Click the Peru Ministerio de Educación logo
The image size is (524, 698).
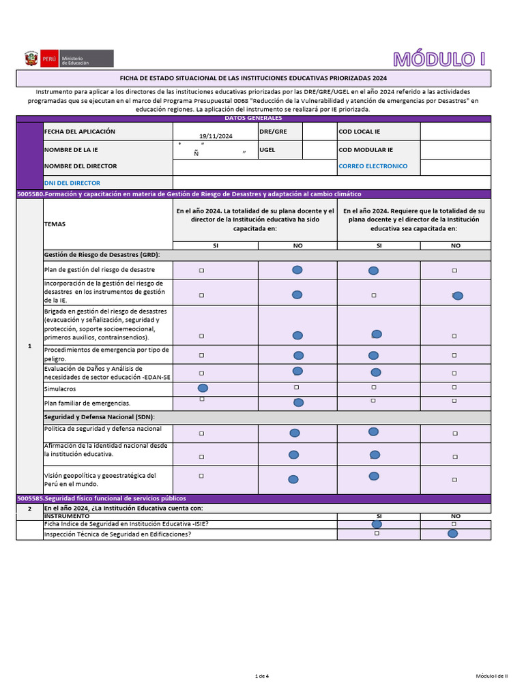point(68,59)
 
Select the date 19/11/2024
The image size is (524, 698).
point(216,136)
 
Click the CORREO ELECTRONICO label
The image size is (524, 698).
point(373,166)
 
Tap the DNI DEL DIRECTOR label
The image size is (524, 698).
point(72,183)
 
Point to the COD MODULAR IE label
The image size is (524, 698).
point(366,149)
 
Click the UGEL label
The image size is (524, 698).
point(267,149)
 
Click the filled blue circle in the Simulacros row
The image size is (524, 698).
point(203,387)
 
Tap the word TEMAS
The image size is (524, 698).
point(56,224)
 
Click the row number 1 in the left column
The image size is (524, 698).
point(29,346)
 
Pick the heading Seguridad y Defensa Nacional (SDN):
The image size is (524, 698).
point(99,416)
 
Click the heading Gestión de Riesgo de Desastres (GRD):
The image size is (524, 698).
point(102,254)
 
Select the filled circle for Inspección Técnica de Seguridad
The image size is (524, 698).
point(452,534)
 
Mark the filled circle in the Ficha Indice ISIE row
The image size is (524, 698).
point(377,523)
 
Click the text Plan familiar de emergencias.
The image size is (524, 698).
point(87,403)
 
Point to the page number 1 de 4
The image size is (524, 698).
point(262,676)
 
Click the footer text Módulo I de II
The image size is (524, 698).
point(491,676)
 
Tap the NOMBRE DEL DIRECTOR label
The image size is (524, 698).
point(80,166)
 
